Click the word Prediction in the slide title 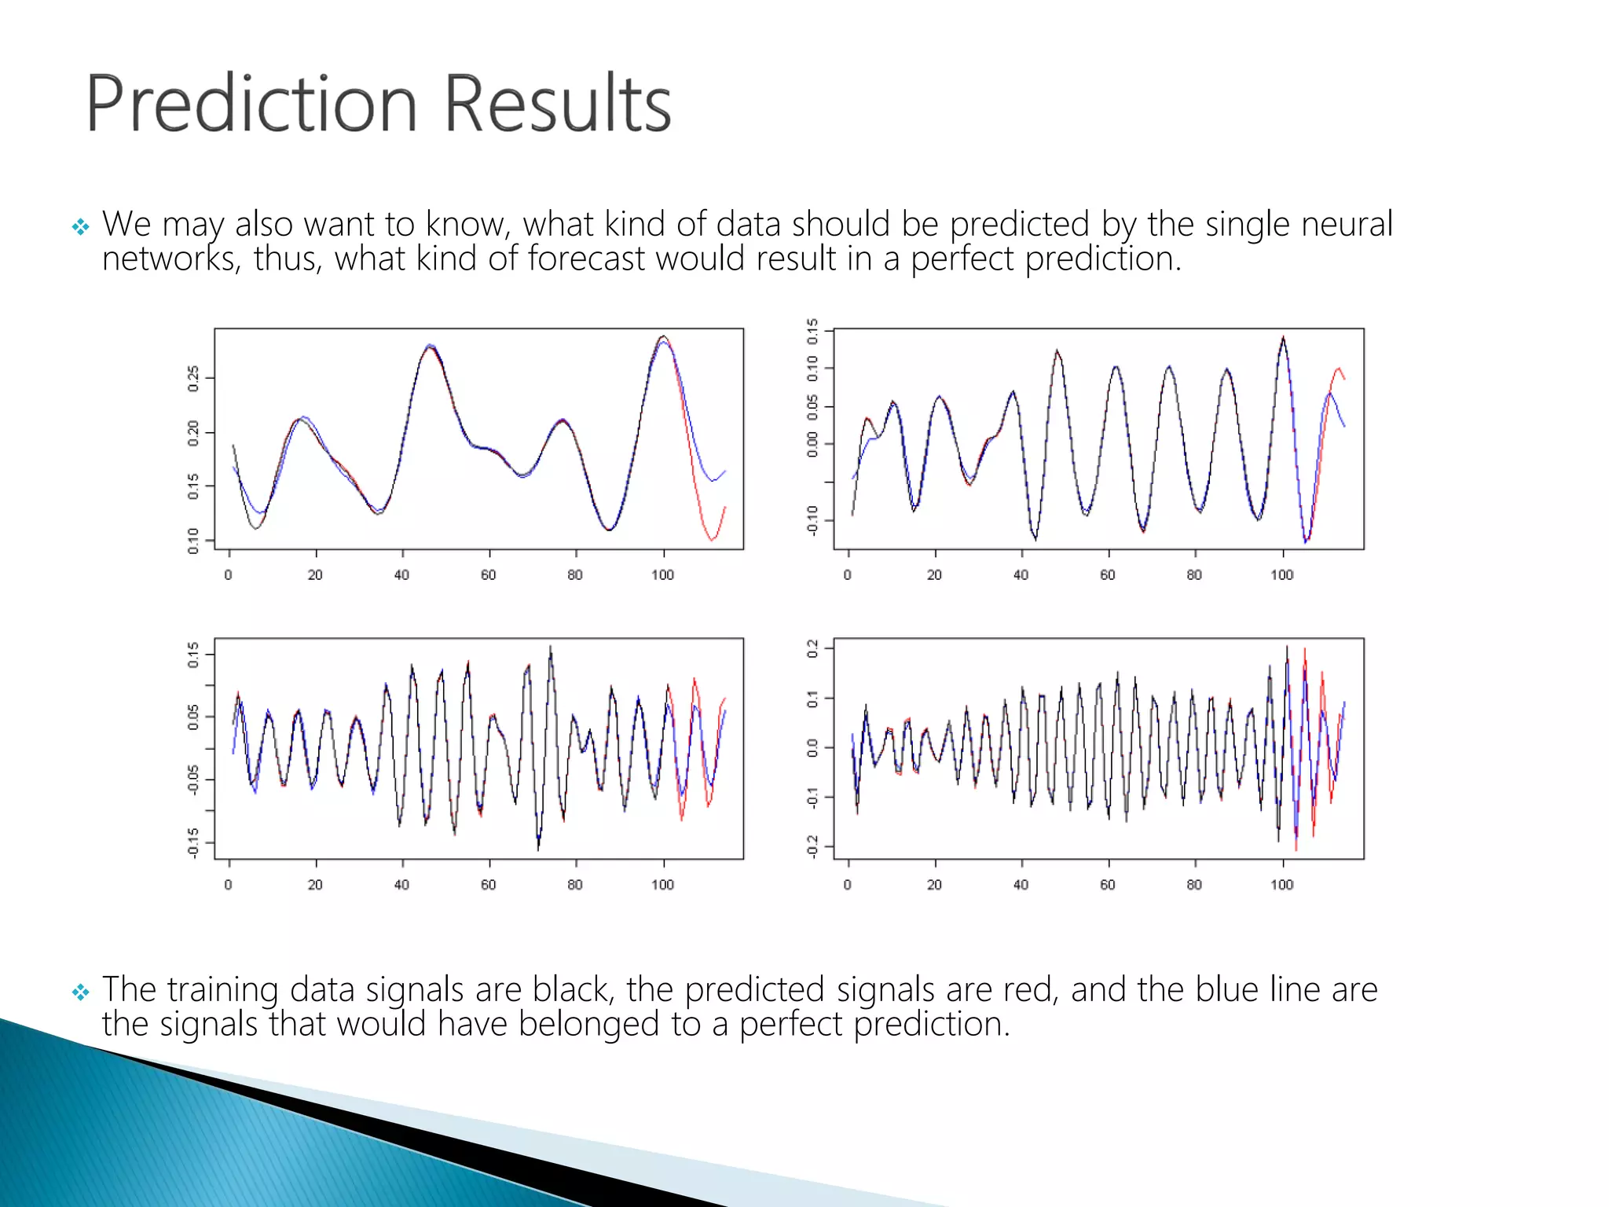coord(250,104)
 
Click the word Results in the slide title coord(558,104)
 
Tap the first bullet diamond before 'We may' coord(80,228)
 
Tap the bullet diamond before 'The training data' coord(80,992)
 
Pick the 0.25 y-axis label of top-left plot coord(193,378)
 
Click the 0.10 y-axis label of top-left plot coord(193,541)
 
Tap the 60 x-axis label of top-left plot coord(489,575)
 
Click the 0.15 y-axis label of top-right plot coord(812,332)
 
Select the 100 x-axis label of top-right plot coord(1282,575)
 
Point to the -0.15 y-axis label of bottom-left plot coord(193,842)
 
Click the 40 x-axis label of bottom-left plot coord(401,885)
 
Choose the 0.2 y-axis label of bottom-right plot coord(812,649)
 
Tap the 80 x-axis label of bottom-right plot coord(1194,885)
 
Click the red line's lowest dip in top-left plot coord(713,540)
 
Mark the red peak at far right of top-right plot coord(1339,368)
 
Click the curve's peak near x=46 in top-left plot coord(430,346)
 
